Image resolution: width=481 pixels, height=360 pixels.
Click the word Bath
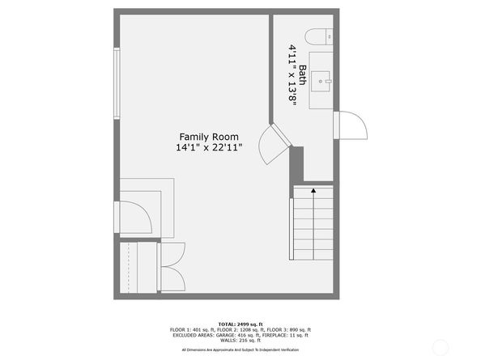click(303, 74)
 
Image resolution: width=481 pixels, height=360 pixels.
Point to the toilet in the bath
click(318, 36)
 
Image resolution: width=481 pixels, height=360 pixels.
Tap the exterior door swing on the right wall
click(351, 125)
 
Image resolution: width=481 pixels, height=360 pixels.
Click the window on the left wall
click(117, 83)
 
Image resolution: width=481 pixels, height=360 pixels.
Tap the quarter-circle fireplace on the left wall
click(134, 217)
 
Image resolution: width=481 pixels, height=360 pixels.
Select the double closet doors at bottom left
click(172, 267)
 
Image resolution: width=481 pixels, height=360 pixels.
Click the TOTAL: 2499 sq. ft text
click(240, 324)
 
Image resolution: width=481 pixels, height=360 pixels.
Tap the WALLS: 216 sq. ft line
click(240, 341)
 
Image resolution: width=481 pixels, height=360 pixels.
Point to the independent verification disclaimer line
click(240, 349)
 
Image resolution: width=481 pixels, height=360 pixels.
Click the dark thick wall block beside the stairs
click(296, 165)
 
